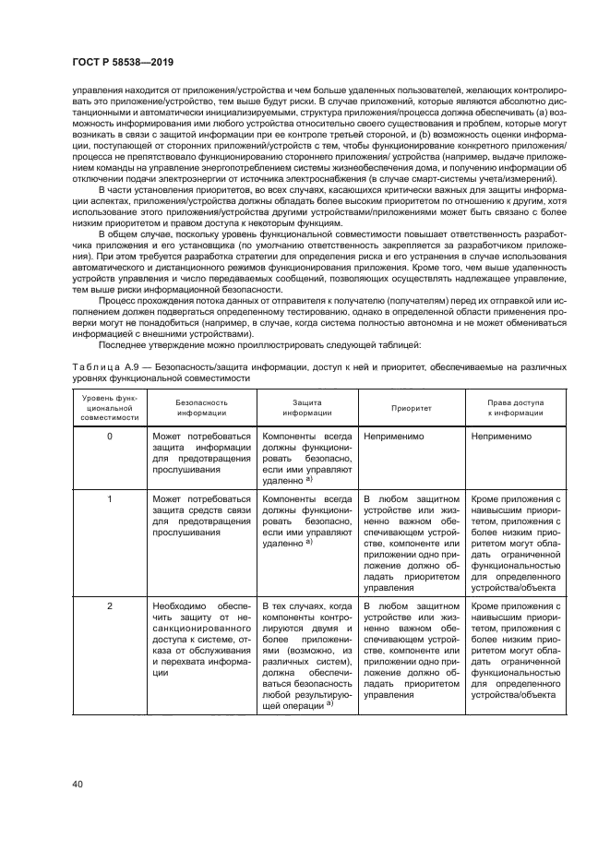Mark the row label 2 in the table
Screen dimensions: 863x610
click(110, 605)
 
